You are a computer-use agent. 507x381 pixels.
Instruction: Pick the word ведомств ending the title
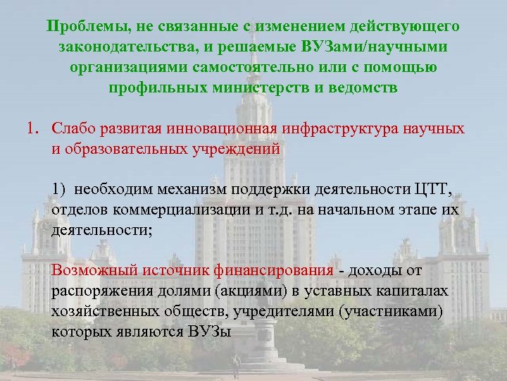pyautogui.click(x=364, y=89)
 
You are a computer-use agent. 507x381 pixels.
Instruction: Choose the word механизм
pyautogui.click(x=170, y=190)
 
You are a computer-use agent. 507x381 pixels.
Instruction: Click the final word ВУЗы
pyautogui.click(x=208, y=332)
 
